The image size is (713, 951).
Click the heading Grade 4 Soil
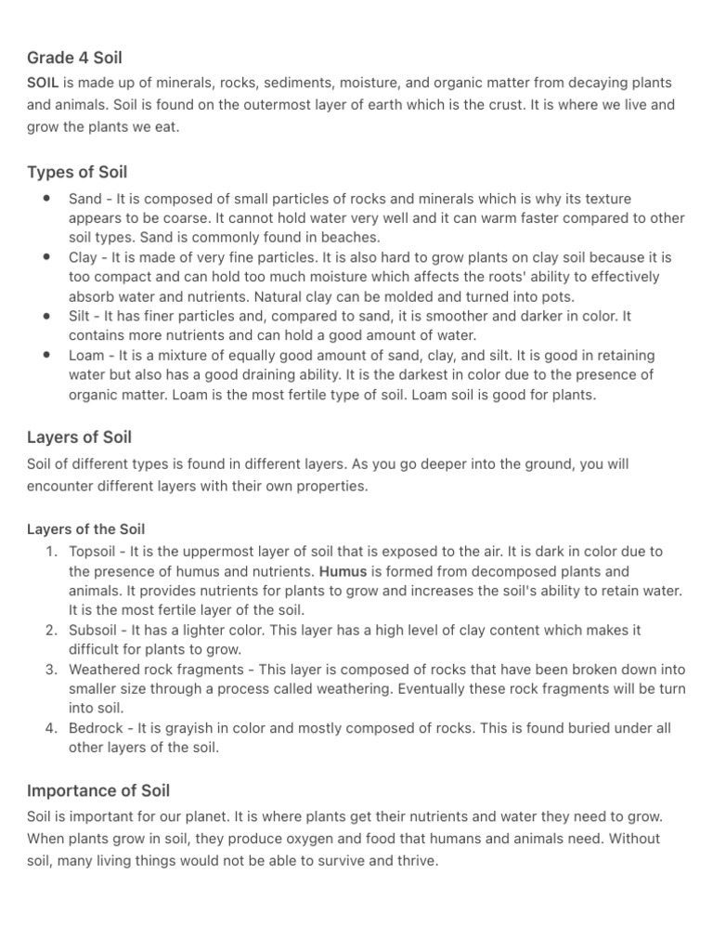74,58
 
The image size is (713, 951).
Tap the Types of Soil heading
77,172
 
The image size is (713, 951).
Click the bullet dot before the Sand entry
46,198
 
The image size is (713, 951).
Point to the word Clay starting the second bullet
82,257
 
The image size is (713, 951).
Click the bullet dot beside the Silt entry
46,316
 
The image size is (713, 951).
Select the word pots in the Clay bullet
559,296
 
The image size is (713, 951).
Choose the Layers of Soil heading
80,436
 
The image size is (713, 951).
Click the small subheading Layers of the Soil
85,529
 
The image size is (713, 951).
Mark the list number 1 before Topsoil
51,552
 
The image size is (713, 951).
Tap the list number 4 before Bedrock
51,728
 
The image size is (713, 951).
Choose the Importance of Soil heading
98,790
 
